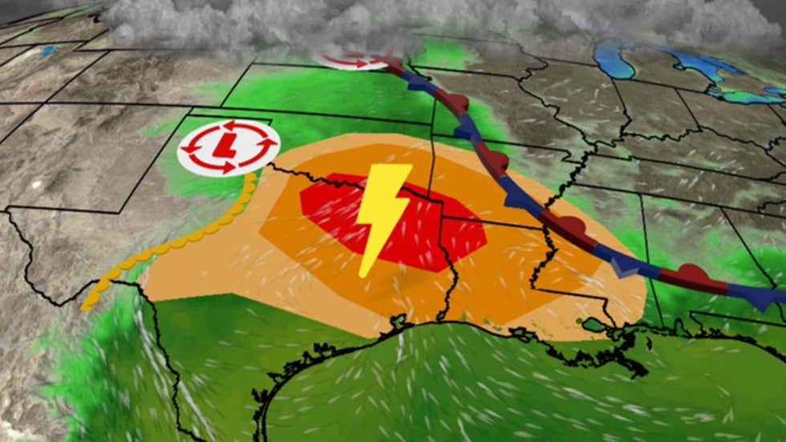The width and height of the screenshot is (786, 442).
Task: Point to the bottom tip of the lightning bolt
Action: [363, 275]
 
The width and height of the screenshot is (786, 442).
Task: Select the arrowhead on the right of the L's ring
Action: [268, 145]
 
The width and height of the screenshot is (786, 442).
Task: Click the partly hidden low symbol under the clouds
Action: [353, 58]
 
